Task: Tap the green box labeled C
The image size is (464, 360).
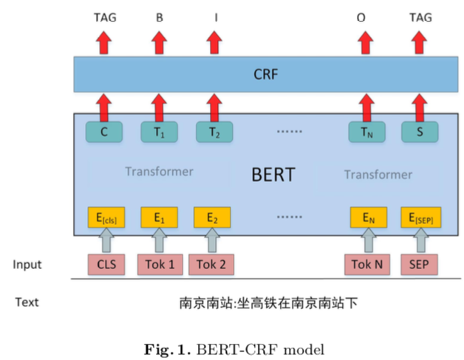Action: (x=104, y=132)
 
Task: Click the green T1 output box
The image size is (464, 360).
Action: (x=159, y=132)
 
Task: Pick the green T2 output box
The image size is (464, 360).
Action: (x=214, y=132)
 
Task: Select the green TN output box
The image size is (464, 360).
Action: (x=367, y=132)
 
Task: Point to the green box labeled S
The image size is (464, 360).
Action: (x=420, y=132)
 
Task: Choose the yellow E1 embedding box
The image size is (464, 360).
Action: (x=158, y=218)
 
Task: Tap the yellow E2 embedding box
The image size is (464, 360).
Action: (x=213, y=218)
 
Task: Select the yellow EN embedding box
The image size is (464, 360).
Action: (x=368, y=218)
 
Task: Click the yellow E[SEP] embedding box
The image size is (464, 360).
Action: (x=420, y=218)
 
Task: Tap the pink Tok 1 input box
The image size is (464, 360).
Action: (x=160, y=265)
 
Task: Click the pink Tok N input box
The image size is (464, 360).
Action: (x=367, y=265)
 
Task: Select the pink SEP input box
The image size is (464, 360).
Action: (x=420, y=265)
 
